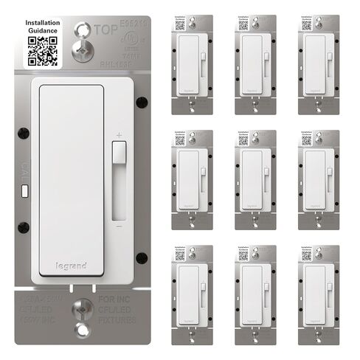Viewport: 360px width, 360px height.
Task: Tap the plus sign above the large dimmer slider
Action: (x=119, y=135)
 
